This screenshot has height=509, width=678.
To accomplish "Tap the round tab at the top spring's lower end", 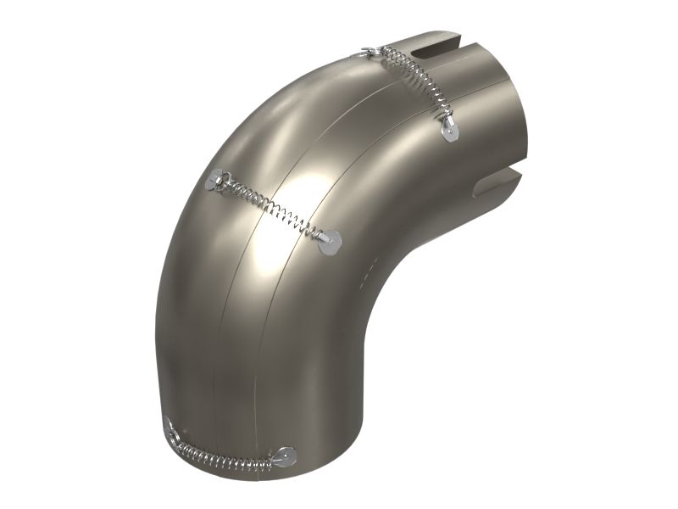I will coord(447,130).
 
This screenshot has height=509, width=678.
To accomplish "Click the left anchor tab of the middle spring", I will coord(216,180).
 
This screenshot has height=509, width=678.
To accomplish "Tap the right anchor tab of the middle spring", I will coord(329,243).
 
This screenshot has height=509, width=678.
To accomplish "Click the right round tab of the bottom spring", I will coord(285,456).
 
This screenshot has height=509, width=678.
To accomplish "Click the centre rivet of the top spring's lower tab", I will coord(447,130).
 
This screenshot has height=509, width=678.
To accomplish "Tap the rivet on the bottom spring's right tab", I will coord(286,456).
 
